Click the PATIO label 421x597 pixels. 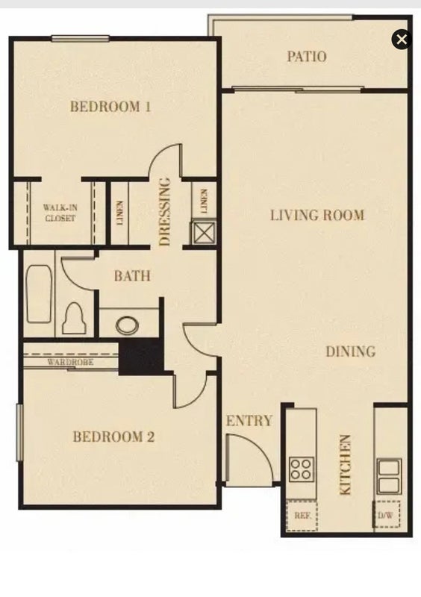[x=307, y=57]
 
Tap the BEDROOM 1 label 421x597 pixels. [x=110, y=106]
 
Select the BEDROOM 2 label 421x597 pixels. [x=113, y=437]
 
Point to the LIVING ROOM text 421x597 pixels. [x=317, y=216]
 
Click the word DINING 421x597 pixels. [x=351, y=351]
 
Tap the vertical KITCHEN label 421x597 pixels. [x=345, y=465]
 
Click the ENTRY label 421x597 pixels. [x=249, y=421]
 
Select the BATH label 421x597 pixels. [x=132, y=275]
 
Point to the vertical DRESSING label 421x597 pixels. [x=164, y=212]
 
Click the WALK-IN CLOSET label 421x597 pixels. [x=60, y=213]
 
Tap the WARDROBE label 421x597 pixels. [x=70, y=362]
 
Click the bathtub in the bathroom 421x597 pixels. [x=39, y=295]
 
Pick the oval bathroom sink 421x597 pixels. [x=128, y=326]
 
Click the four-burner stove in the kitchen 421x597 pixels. [x=302, y=469]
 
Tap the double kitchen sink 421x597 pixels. [x=389, y=476]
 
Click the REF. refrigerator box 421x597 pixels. [x=302, y=516]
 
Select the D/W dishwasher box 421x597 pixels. [x=386, y=514]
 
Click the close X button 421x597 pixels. [x=402, y=40]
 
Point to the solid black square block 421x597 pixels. [x=141, y=356]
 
